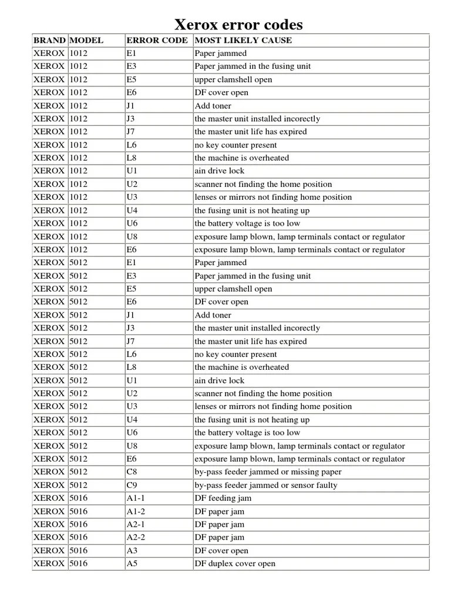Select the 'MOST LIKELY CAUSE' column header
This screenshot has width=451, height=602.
pos(243,41)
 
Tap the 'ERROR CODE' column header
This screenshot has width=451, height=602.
pos(157,41)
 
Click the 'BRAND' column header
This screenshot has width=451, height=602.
pos(49,41)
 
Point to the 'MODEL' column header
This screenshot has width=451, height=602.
pos(86,41)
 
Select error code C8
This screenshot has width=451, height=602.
pos(132,472)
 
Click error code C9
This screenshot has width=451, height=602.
pos(132,485)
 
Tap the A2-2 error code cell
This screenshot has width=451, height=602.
pos(136,537)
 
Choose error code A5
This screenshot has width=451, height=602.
pos(132,564)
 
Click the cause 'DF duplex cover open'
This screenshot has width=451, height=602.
pos(235,564)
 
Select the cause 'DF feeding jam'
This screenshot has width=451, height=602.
pos(223,499)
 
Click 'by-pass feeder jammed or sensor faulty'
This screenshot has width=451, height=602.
pos(266,485)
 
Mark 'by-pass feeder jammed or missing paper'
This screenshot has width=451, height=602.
pos(268,472)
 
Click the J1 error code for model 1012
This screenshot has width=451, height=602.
pos(130,106)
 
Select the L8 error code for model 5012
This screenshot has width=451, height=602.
pos(132,367)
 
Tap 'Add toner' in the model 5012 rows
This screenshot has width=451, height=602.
pos(213,315)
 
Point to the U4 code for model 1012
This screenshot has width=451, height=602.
pos(132,210)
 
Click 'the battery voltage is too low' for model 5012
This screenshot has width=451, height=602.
pos(247,433)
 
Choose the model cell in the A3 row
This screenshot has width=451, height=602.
pos(78,551)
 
